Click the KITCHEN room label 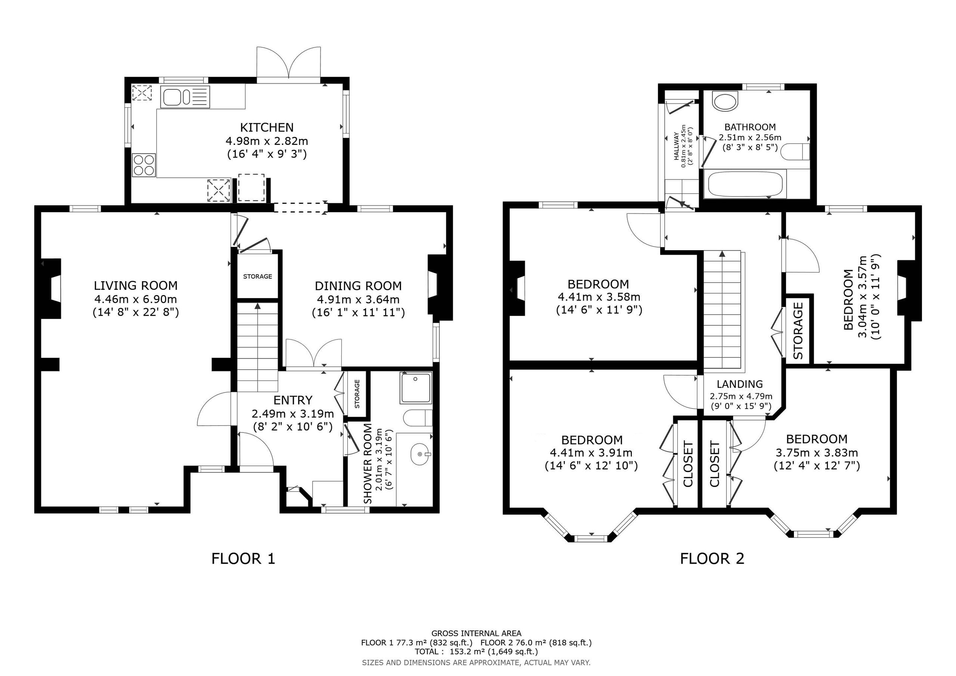click(x=267, y=127)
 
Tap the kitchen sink click(x=185, y=97)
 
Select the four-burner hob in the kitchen click(x=144, y=165)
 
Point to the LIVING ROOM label click(x=136, y=286)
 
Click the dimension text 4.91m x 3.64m click(x=358, y=300)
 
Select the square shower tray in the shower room click(x=416, y=387)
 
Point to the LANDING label click(x=740, y=384)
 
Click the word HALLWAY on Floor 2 click(x=676, y=147)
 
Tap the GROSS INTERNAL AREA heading click(x=477, y=633)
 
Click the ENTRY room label click(x=293, y=400)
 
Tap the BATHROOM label click(x=750, y=127)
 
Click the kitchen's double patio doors click(x=289, y=62)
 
